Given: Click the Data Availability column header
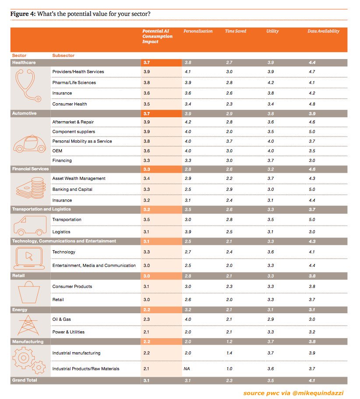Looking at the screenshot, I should coord(323,31).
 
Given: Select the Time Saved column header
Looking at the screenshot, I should coord(236,31).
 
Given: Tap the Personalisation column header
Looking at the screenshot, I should coord(198,31).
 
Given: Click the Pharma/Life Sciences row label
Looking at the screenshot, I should coord(74,82).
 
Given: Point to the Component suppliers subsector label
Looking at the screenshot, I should coord(74,132).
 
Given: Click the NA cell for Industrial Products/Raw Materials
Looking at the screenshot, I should coord(187,369).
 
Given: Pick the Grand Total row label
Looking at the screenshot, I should coord(25,381).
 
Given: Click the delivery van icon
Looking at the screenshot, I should coord(28,226).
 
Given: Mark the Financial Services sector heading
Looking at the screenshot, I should coord(31,169).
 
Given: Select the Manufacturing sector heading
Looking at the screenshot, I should coord(28,342).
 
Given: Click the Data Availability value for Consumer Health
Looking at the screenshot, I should coord(312,104).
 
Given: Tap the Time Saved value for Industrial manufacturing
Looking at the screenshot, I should coord(229,353).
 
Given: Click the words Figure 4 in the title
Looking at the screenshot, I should coord(23,14).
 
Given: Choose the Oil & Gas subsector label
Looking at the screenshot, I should coord(61,319).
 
